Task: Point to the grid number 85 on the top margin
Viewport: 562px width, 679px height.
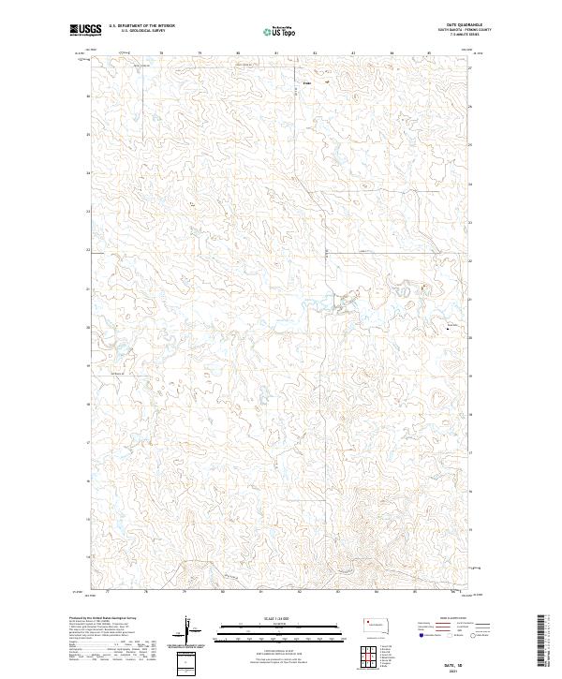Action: (x=430, y=52)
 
